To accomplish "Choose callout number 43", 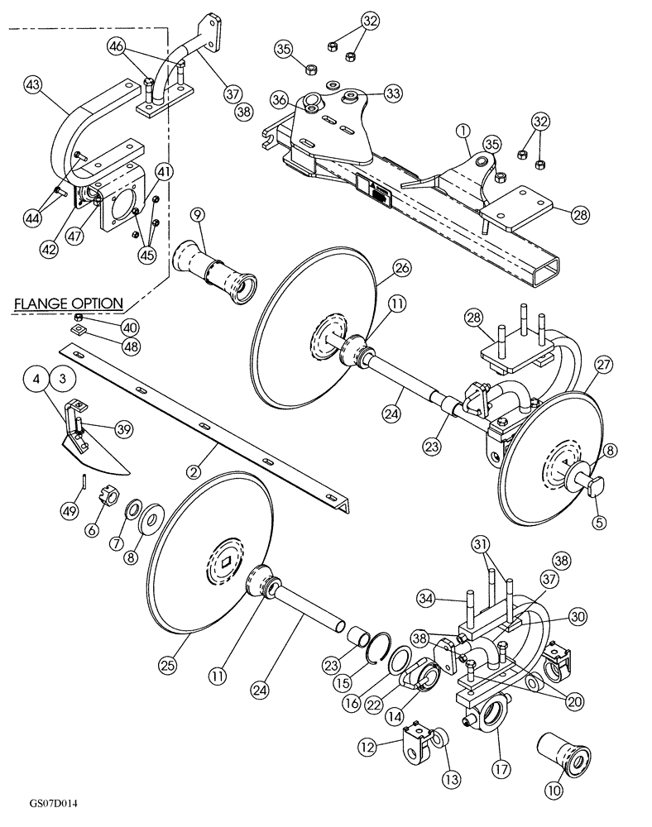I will click(x=33, y=84).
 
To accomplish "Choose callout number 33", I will click(x=391, y=93).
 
